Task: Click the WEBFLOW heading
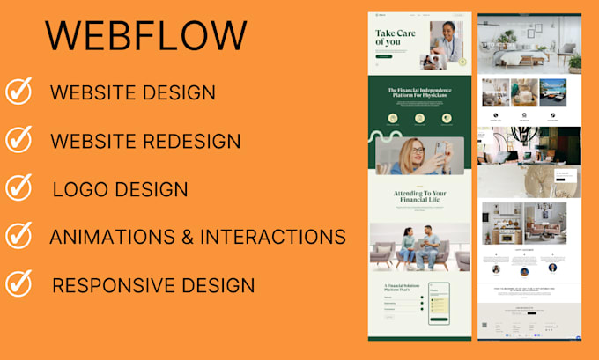[146, 36]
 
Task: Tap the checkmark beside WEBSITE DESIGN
[18, 91]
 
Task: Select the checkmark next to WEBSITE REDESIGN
[18, 139]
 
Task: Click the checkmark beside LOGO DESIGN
[18, 187]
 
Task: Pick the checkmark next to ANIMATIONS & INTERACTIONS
[18, 235]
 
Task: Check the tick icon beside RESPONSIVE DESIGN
[18, 283]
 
